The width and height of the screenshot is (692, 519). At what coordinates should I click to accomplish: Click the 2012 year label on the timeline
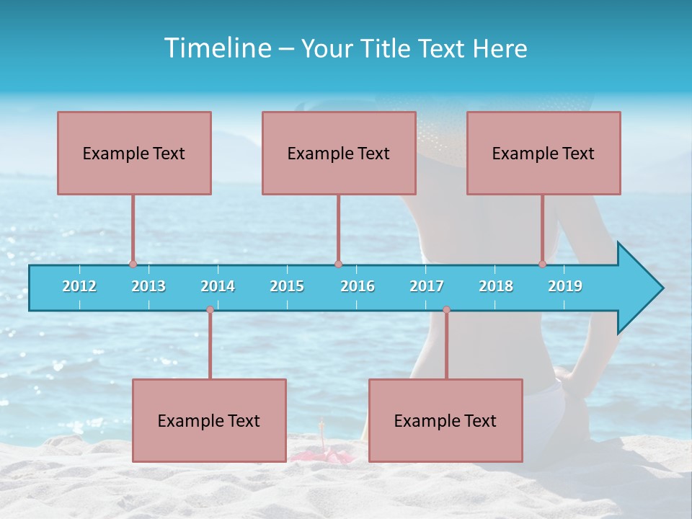[79, 286]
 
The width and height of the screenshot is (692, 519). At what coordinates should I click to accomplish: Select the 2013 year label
[148, 286]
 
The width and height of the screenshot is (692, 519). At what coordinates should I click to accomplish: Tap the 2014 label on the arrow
[218, 286]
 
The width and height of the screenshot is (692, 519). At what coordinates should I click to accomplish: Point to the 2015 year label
[287, 286]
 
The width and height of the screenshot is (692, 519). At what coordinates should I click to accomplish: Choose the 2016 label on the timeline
[358, 286]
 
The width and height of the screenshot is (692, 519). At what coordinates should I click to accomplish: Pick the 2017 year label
[427, 286]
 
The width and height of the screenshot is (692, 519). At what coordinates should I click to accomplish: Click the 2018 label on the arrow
[496, 286]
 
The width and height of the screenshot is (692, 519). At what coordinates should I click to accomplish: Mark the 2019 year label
[565, 286]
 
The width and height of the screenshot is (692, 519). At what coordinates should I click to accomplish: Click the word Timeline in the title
[216, 48]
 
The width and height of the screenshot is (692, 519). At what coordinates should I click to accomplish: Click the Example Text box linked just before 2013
[134, 153]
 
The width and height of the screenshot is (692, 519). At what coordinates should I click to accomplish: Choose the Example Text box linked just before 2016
[339, 153]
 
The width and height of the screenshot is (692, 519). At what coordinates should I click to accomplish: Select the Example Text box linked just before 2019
[544, 153]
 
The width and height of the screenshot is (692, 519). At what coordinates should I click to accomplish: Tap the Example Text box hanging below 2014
[209, 420]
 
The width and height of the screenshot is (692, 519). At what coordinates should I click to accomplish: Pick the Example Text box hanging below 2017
[445, 420]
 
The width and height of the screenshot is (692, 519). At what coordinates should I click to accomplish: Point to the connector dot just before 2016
[338, 264]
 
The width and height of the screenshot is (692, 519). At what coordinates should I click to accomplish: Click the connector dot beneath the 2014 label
[210, 310]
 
